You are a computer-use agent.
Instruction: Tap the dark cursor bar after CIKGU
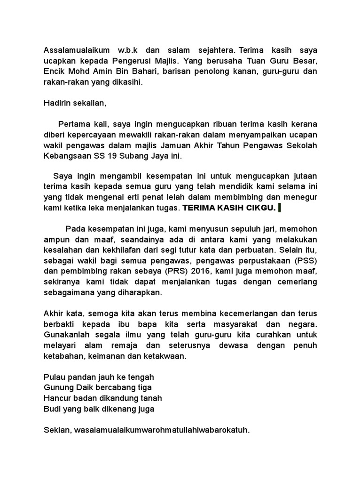tap(280, 208)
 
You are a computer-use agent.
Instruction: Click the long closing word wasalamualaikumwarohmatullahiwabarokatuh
tap(163, 430)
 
